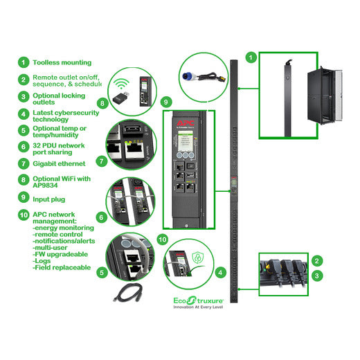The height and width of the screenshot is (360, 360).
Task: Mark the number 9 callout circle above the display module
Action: click(165, 102)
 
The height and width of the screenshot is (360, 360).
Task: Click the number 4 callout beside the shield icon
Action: click(219, 273)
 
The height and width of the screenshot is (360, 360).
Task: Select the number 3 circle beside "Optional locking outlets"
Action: click(24, 97)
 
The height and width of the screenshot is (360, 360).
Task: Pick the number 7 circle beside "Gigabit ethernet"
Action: click(24, 164)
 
